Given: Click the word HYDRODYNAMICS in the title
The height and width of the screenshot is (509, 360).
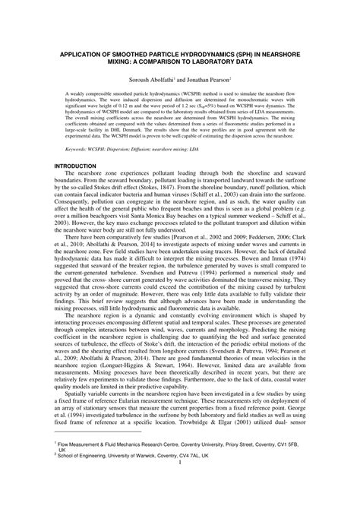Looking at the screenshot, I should (199, 55).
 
